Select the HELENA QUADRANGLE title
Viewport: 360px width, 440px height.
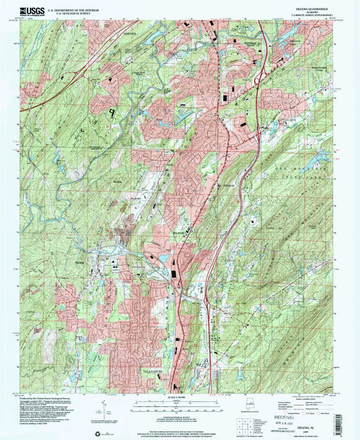point(305,8)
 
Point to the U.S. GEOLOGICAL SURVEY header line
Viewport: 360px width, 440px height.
point(68,13)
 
